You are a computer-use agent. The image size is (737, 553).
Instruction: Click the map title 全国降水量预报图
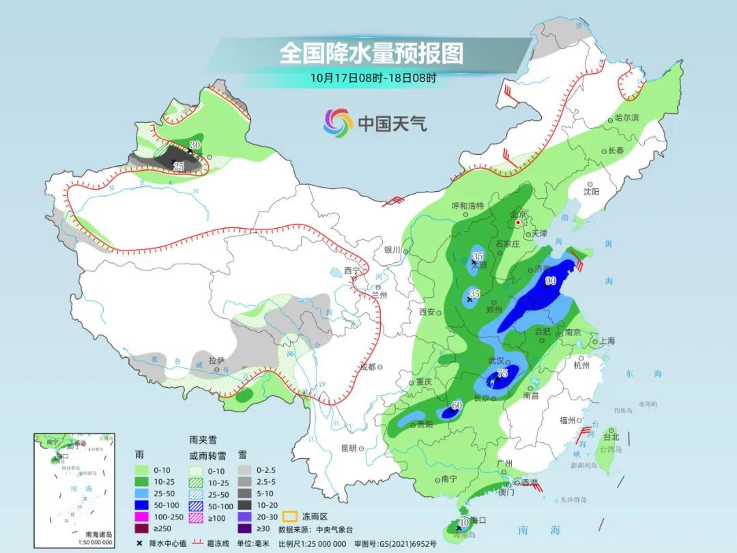click(x=371, y=53)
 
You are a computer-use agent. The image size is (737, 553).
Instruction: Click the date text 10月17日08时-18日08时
click(x=373, y=77)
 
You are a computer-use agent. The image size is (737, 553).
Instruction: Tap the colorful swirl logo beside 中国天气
click(x=338, y=123)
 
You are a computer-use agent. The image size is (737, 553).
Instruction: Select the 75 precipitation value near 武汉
click(x=503, y=373)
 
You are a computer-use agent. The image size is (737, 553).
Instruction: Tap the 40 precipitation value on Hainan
click(x=464, y=522)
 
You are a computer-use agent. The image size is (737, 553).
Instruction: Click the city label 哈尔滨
click(x=627, y=118)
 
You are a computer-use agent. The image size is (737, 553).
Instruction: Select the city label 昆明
click(x=348, y=448)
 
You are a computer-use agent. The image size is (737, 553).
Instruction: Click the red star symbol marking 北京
click(x=519, y=223)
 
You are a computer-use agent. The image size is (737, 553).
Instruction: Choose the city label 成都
click(x=367, y=367)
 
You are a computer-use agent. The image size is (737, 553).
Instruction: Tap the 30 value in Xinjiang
click(x=194, y=145)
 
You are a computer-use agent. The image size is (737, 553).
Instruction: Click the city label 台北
click(x=610, y=436)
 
